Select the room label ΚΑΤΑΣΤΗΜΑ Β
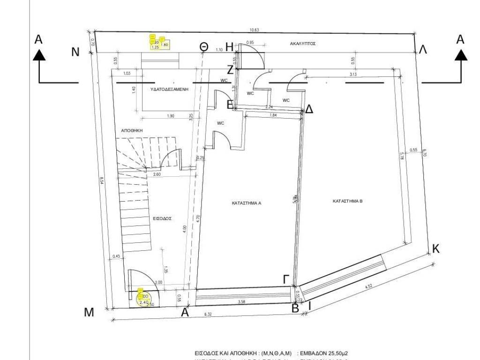[348, 201]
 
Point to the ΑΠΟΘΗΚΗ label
[132, 132]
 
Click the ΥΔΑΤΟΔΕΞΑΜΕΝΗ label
[169, 89]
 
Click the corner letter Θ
[203, 46]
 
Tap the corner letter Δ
[309, 110]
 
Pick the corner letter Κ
[435, 249]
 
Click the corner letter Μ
[89, 313]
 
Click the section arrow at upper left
[39, 55]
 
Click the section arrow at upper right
[461, 55]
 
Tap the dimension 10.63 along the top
[254, 30]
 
